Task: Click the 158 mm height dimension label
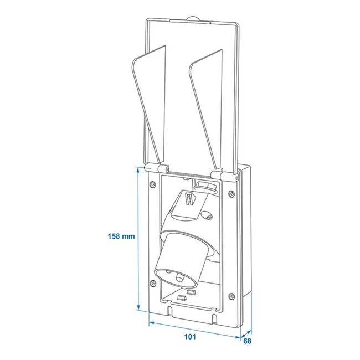click(121, 236)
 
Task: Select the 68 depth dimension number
click(246, 341)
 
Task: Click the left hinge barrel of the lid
click(152, 167)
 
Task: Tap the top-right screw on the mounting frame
click(231, 193)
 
